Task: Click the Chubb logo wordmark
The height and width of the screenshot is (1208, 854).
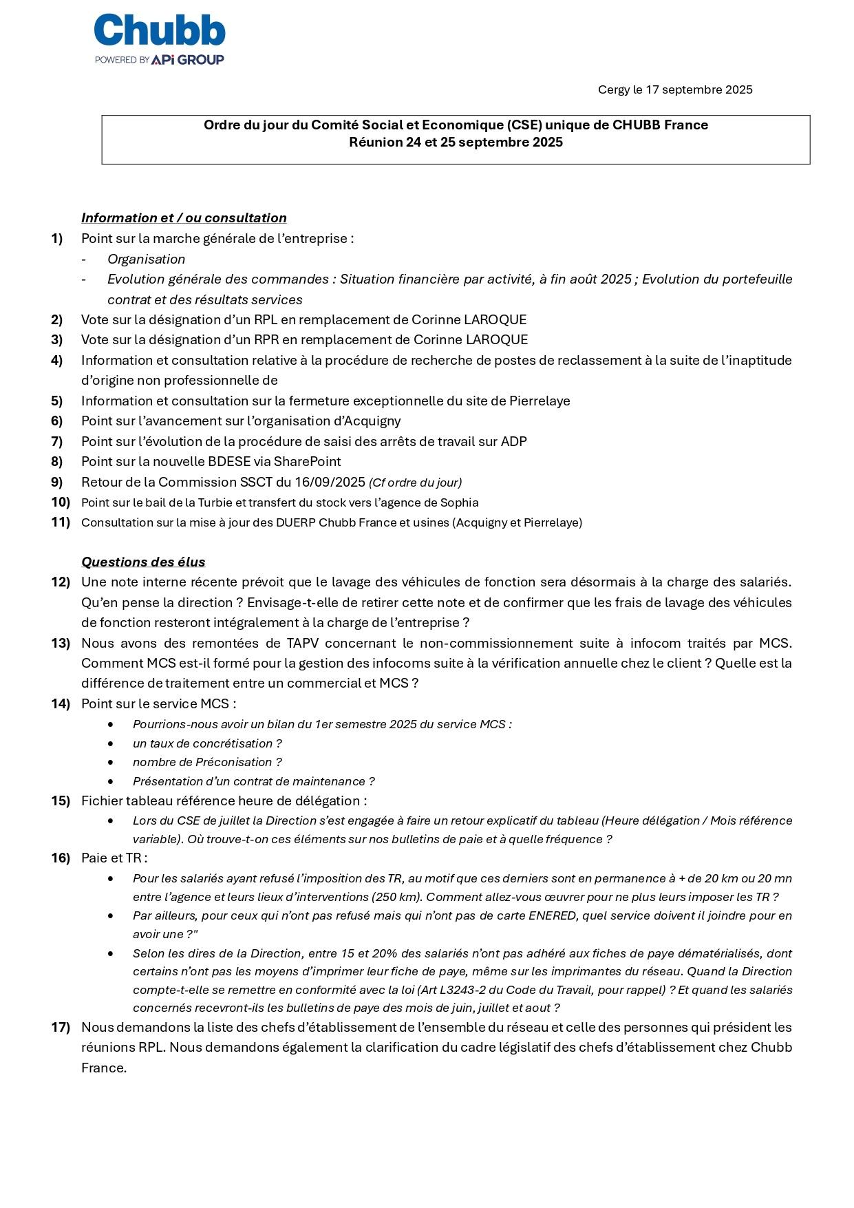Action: [159, 32]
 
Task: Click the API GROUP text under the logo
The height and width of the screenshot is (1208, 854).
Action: [187, 60]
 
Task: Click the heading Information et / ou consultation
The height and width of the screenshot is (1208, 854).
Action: [184, 218]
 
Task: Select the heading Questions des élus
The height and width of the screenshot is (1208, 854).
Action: [143, 562]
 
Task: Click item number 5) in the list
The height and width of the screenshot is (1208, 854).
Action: [56, 401]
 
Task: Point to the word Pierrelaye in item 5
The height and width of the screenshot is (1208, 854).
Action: [540, 401]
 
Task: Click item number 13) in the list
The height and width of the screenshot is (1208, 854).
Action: [61, 643]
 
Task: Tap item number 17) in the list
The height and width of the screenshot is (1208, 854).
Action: [61, 1027]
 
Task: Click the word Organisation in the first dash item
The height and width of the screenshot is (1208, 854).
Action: [146, 259]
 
